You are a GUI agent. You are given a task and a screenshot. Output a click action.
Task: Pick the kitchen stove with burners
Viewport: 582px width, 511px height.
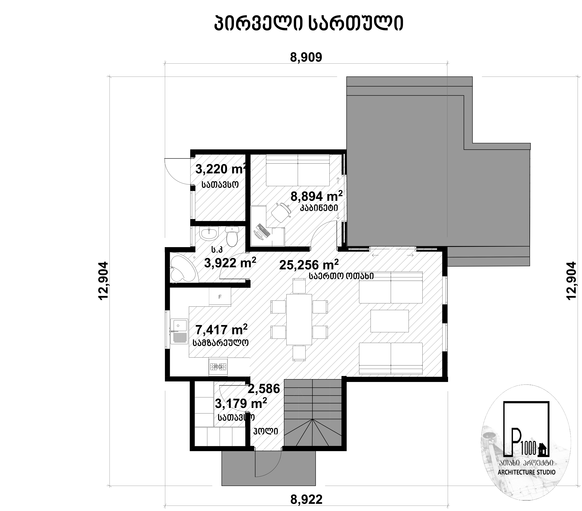coord(218,367)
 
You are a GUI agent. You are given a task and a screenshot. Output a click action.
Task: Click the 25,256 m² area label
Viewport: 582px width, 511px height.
coord(309,265)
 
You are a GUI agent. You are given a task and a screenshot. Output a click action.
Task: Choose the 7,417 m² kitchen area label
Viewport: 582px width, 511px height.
coord(221,330)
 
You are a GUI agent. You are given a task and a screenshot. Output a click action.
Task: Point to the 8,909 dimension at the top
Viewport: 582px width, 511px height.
coord(306,57)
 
